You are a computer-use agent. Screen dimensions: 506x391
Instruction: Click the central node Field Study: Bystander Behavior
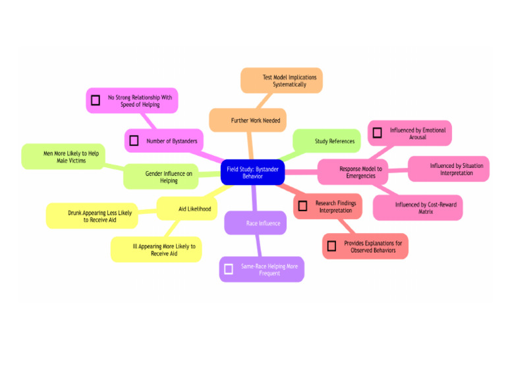[x=252, y=172]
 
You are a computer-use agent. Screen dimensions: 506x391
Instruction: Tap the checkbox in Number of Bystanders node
[x=134, y=141]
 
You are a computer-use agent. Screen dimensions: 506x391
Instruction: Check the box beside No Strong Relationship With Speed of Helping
[x=96, y=101]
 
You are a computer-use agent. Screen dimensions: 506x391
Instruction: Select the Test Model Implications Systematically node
[x=281, y=80]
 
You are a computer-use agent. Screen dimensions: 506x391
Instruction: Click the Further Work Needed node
[x=248, y=120]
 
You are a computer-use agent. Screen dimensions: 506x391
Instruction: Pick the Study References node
[x=327, y=141]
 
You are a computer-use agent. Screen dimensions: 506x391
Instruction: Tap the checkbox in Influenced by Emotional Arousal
[x=377, y=133]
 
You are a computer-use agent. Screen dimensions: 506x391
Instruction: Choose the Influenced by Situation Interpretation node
[x=448, y=169]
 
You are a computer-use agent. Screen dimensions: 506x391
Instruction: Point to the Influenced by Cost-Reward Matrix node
[x=418, y=208]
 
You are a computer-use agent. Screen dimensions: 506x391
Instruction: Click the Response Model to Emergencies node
[x=352, y=172]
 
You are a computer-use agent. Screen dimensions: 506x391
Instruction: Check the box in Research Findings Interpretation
[x=302, y=206]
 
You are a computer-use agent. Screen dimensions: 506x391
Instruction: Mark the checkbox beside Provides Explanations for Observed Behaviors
[x=331, y=246]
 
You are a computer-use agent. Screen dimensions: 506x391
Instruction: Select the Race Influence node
[x=256, y=223]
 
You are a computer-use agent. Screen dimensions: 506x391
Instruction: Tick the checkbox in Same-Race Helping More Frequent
[x=229, y=269]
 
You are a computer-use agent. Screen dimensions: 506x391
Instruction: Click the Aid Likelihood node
[x=186, y=209]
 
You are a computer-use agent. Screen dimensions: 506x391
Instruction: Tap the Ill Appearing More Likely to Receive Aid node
[x=156, y=249]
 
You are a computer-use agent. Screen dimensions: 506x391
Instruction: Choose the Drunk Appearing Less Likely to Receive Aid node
[x=92, y=216]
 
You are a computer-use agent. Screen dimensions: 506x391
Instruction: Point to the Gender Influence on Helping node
[x=161, y=176]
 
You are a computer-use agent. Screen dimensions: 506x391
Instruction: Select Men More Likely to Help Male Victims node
[x=63, y=157]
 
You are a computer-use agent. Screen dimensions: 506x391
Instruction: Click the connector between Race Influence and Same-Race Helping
[x=258, y=246]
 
